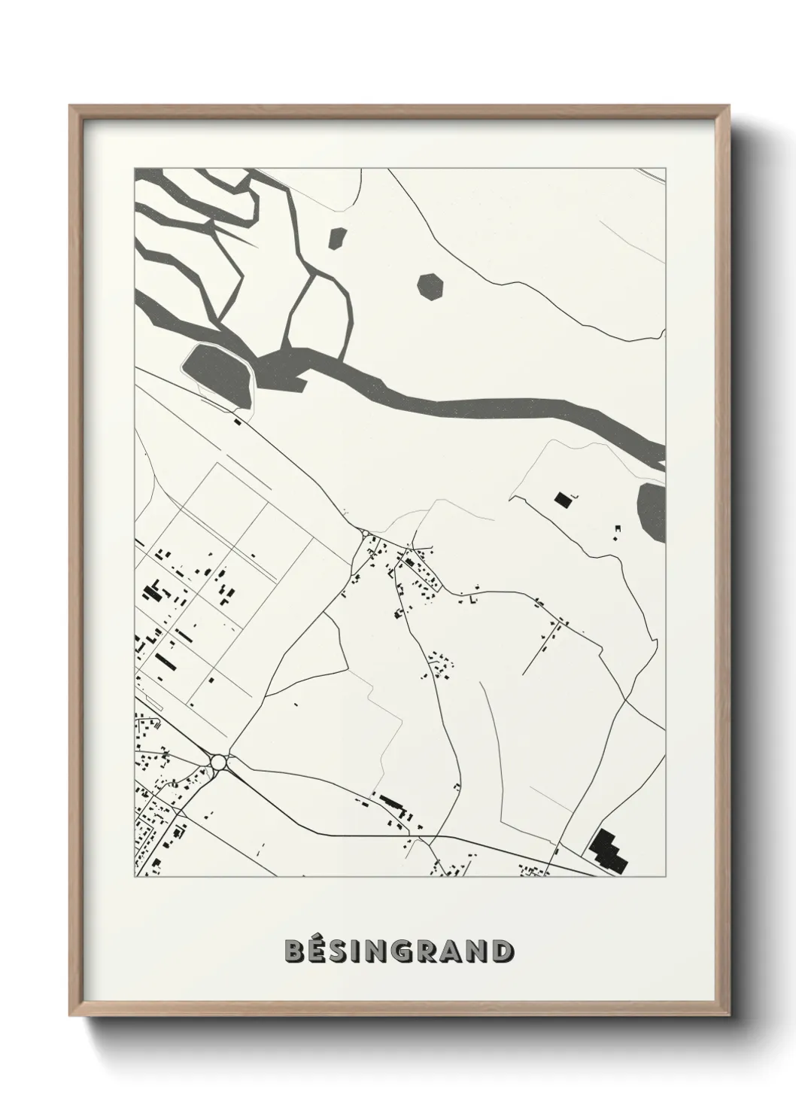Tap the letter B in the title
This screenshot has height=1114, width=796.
click(x=295, y=951)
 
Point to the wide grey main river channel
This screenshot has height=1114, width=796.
click(x=482, y=410)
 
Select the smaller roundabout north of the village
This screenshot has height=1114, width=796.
click(x=365, y=534)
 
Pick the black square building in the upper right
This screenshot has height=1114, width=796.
click(x=561, y=498)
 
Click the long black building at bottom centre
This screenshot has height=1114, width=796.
click(x=391, y=802)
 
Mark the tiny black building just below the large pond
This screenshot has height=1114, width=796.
click(x=238, y=422)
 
